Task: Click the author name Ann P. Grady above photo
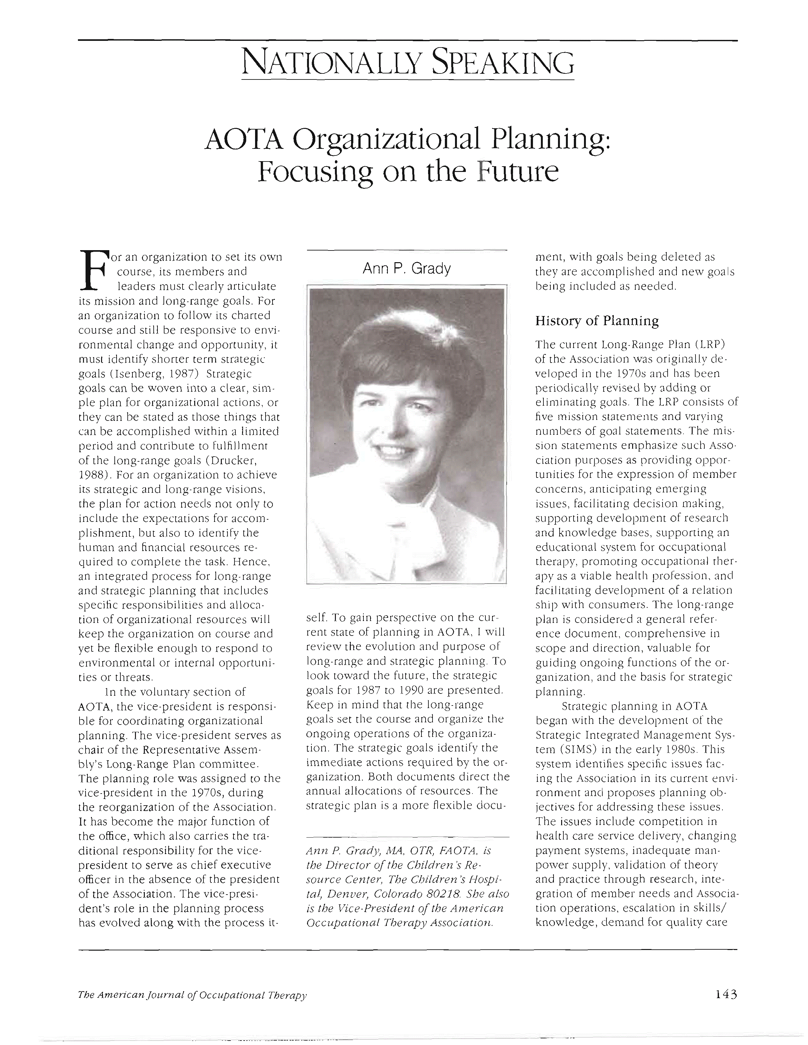pos(407,269)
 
